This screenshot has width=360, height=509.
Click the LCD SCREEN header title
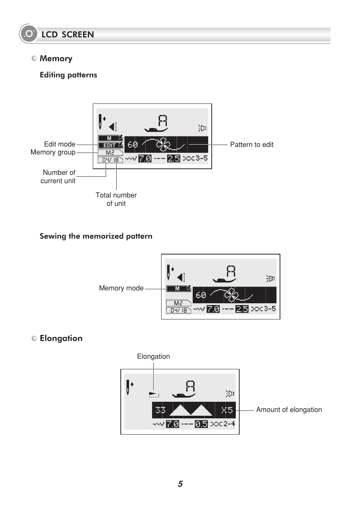(68, 34)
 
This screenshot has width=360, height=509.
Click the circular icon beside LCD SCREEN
(29, 34)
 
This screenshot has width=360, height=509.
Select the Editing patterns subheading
(68, 75)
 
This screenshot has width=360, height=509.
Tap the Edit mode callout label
(60, 144)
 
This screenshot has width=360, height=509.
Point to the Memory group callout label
(53, 152)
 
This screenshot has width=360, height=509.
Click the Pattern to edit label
(252, 145)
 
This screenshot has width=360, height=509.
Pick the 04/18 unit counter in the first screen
(111, 160)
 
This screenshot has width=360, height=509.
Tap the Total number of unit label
(116, 199)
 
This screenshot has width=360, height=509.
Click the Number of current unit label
(58, 177)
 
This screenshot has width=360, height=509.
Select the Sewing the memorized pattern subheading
(96, 236)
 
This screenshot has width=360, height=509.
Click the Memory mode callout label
(121, 288)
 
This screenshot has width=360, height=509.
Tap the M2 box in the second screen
(178, 303)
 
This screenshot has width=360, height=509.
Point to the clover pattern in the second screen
(231, 295)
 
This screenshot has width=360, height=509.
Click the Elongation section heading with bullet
(57, 338)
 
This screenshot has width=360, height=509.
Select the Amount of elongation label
(289, 410)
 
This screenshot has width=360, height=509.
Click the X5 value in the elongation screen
(227, 410)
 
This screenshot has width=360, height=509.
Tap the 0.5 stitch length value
(201, 424)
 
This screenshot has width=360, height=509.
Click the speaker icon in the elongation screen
(230, 393)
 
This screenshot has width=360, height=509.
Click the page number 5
(180, 484)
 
